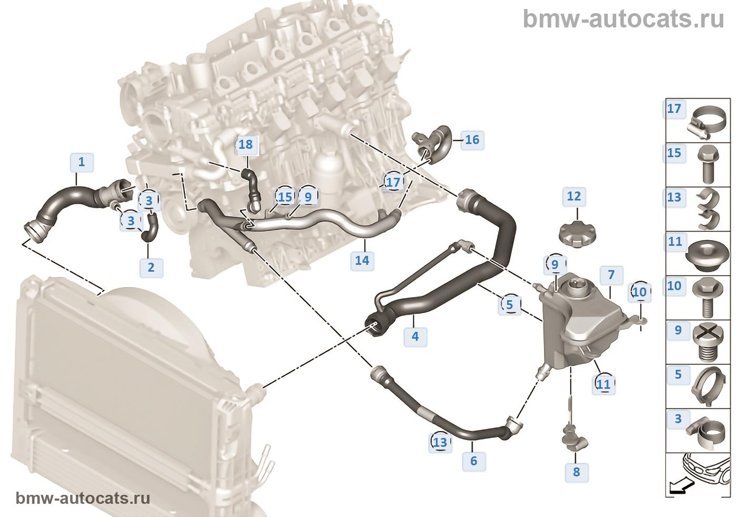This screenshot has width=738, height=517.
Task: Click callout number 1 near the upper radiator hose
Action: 82,162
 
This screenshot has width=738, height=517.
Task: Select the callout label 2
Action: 151,267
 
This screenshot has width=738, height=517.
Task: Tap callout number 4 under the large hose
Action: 415,337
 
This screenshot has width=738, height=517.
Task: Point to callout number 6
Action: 474,461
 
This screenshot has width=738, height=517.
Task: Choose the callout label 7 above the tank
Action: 611,275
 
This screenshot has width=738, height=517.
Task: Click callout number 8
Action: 576,472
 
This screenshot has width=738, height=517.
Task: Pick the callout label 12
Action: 574,196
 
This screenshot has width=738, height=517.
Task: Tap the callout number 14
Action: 362,261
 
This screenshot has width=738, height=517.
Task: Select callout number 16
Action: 472,140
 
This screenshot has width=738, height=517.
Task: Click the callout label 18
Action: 246,145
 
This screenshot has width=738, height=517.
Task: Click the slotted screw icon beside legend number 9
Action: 708,342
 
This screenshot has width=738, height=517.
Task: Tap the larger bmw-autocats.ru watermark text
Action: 624,19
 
